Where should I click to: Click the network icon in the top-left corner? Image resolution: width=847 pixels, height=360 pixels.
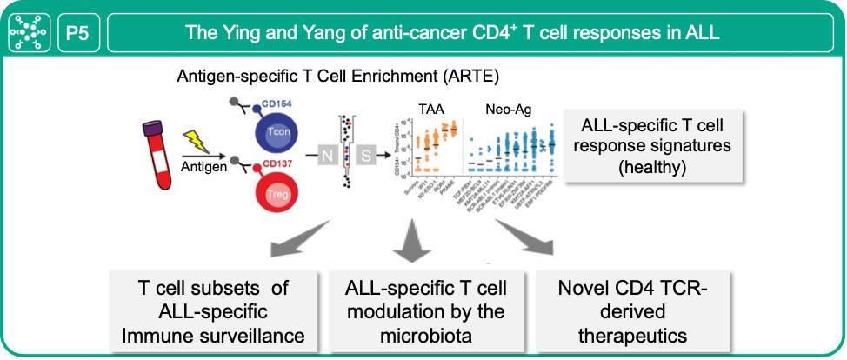tap(30, 34)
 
